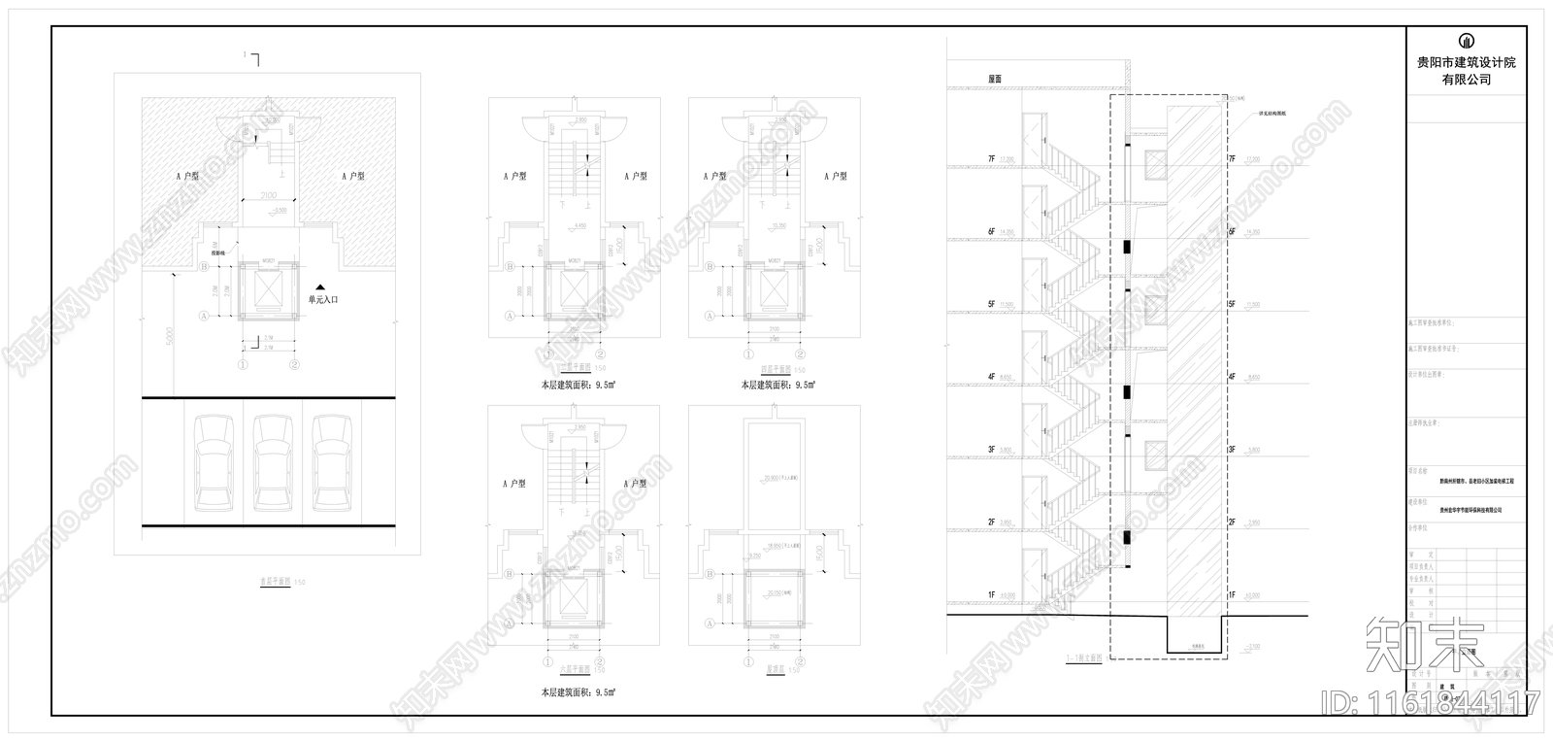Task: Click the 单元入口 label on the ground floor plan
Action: coord(323,300)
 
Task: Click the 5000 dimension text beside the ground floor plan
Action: coord(168,336)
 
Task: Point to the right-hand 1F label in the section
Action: coord(1231,594)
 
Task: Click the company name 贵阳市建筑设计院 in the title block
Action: coord(1466,63)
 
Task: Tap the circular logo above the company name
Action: coord(1466,41)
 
